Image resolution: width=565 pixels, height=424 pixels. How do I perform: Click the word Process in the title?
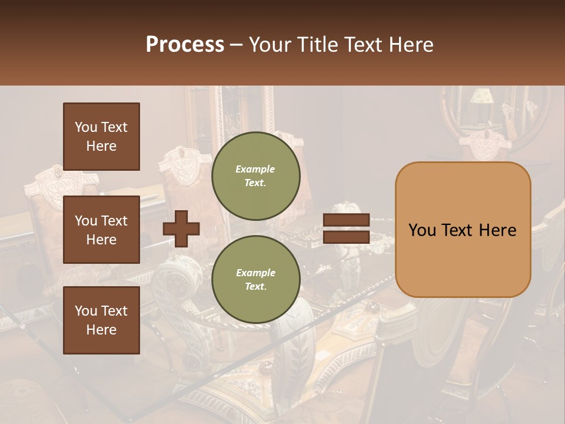tap(185, 45)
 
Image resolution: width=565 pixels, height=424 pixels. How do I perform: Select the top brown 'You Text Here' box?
tap(101, 137)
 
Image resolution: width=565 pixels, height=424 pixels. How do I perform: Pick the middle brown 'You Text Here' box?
tap(101, 230)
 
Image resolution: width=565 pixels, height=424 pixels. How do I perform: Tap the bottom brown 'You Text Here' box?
tap(101, 320)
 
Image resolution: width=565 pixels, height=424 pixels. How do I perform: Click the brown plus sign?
tap(181, 228)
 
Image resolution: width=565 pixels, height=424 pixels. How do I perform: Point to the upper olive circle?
tap(255, 176)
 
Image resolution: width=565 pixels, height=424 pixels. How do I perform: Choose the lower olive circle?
tap(255, 280)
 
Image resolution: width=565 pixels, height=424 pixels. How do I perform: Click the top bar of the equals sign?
tap(346, 220)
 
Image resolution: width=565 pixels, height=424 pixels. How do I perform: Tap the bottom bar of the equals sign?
tap(346, 237)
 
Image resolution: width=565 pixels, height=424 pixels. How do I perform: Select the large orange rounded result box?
tap(463, 230)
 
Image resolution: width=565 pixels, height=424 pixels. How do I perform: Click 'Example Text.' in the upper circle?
tap(255, 176)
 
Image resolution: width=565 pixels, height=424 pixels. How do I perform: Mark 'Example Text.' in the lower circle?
tap(255, 280)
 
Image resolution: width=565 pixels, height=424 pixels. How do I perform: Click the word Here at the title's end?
tap(412, 45)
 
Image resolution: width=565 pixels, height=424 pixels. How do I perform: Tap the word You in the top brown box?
tap(85, 127)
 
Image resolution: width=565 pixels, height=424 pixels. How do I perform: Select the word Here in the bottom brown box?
tap(101, 330)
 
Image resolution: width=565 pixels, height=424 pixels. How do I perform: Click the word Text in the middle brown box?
tap(114, 221)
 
